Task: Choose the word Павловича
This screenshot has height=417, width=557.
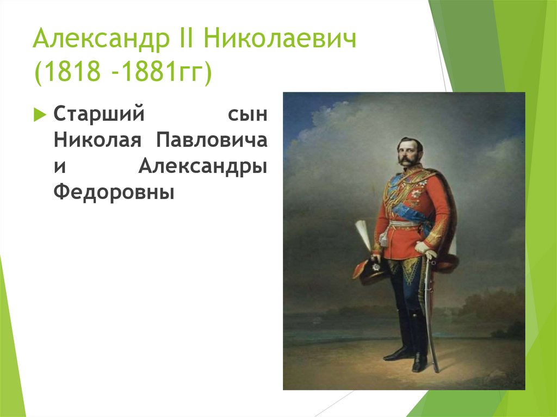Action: [212, 140]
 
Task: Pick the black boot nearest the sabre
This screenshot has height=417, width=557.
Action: [419, 343]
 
